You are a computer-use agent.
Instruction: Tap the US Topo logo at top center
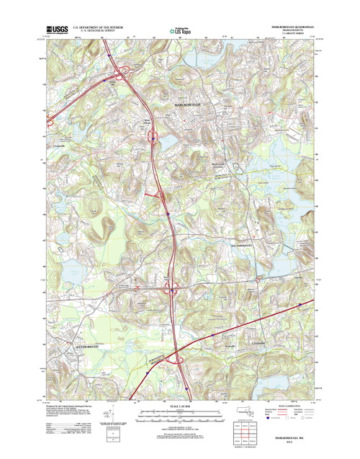(180, 31)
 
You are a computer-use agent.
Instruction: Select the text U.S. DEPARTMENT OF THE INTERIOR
(101, 28)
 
